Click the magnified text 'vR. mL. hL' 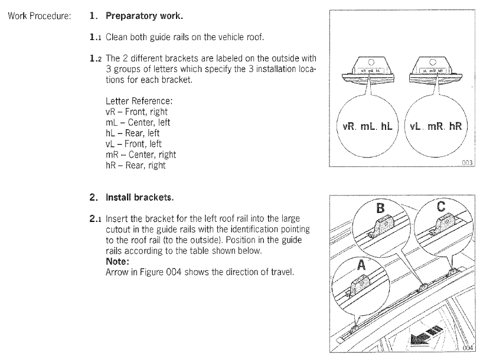pyautogui.click(x=367, y=127)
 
